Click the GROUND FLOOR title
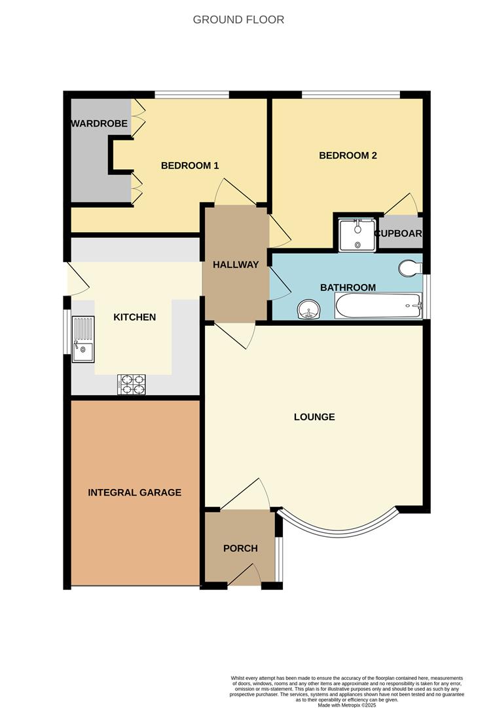[x=238, y=20]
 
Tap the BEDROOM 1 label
[x=190, y=166]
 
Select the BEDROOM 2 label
[x=348, y=155]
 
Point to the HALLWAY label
[x=236, y=265]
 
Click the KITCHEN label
[x=135, y=317]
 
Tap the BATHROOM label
[x=348, y=287]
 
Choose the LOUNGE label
[x=314, y=417]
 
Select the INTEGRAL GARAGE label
[x=135, y=492]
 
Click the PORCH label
[x=240, y=548]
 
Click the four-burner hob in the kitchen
[x=131, y=384]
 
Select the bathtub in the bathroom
[x=378, y=305]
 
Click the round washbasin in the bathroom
[x=308, y=309]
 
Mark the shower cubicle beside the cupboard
[x=357, y=233]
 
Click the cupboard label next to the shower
[x=398, y=233]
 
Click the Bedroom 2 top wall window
[x=351, y=96]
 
